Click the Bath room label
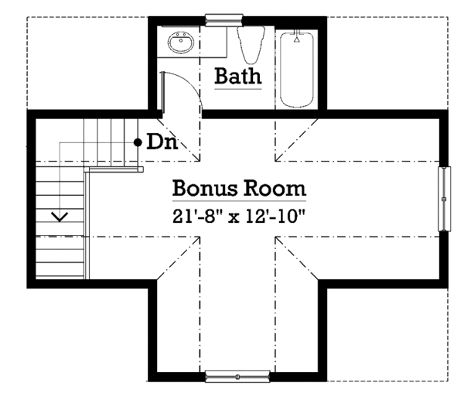(238, 76)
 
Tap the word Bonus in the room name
(205, 188)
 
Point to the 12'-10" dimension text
(275, 216)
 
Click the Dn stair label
(162, 142)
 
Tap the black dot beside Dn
(138, 142)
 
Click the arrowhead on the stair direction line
(60, 217)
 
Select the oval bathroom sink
(181, 43)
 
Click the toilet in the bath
(251, 44)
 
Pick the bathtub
(296, 70)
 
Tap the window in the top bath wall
(224, 20)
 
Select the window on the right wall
(444, 199)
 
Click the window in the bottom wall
(237, 376)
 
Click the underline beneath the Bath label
(238, 88)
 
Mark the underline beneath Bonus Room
(239, 201)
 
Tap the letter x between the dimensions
(234, 218)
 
